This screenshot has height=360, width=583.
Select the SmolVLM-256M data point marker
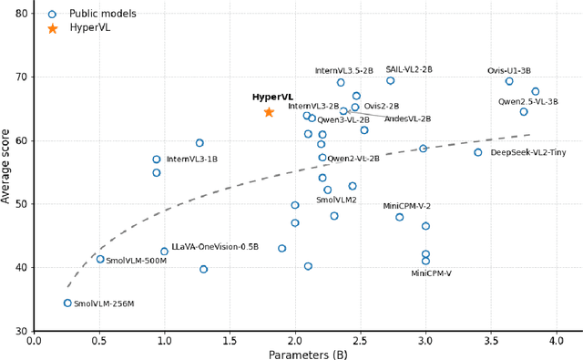[x=67, y=303]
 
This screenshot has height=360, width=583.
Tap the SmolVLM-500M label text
[x=136, y=261]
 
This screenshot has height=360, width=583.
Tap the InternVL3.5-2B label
[x=343, y=70]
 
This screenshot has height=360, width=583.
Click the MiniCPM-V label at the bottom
[x=431, y=273]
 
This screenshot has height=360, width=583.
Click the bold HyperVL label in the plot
[x=272, y=98]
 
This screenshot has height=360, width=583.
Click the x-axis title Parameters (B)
[x=307, y=355]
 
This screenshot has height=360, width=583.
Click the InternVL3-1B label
[x=191, y=159]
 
